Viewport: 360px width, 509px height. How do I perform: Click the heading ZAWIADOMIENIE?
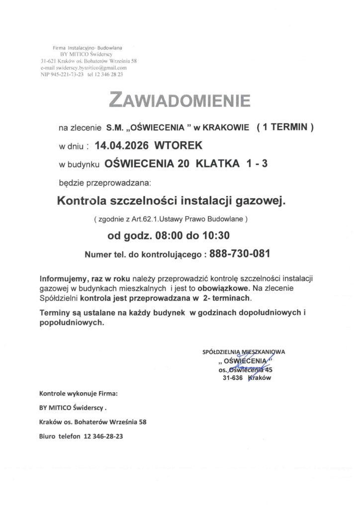pos(180,101)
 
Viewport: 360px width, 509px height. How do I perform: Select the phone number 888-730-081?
pos(240,254)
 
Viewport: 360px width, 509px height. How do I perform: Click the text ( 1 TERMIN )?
pos(284,128)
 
